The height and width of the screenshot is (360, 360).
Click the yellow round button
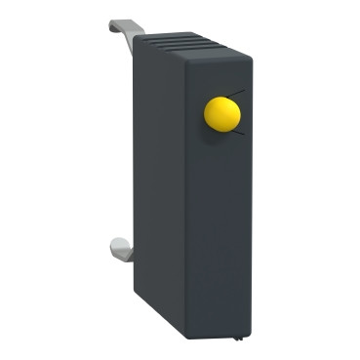(222, 114)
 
